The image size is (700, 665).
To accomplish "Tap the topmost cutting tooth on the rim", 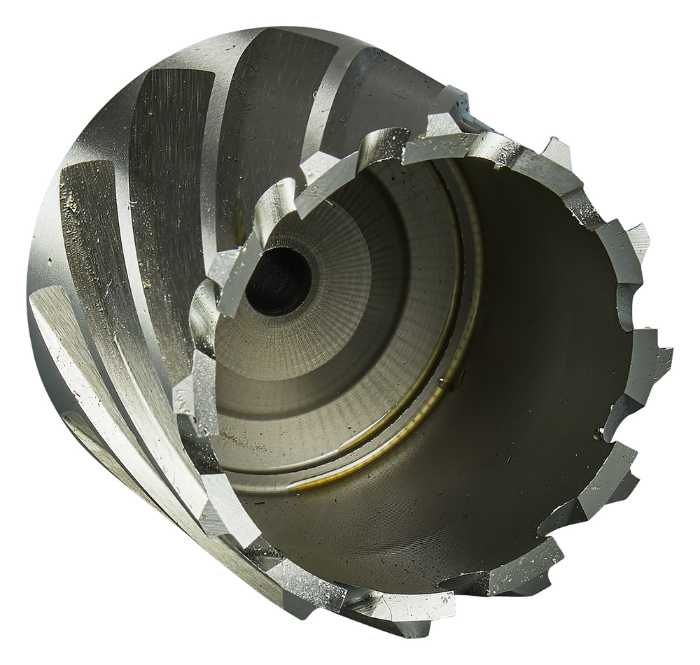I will click(448, 105).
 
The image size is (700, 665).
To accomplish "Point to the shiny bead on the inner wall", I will click(597, 434).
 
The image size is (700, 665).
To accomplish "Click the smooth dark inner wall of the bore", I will click(532, 315).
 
